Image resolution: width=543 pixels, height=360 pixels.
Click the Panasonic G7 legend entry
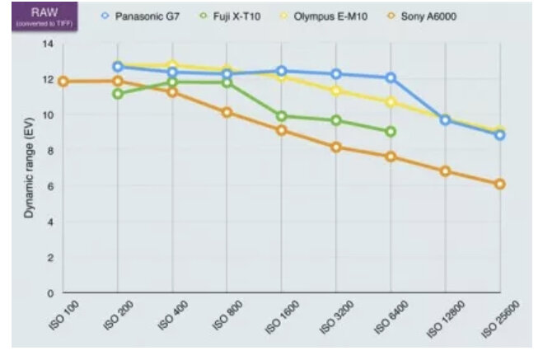[x=145, y=16]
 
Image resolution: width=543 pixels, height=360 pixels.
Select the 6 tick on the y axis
[x=49, y=186]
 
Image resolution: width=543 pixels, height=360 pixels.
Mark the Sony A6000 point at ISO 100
[x=63, y=82]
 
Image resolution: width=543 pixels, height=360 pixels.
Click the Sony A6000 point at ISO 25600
[x=500, y=184]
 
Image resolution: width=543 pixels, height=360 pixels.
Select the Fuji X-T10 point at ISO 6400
[x=391, y=131]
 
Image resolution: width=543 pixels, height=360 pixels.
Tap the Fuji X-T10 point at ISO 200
[x=119, y=93]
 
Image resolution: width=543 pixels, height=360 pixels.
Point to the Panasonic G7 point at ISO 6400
[x=391, y=77]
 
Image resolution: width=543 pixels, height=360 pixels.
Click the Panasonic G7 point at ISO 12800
[x=445, y=119]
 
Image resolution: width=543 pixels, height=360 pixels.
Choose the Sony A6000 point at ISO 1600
[x=282, y=130]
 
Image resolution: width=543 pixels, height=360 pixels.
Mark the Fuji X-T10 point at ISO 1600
[x=282, y=116]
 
